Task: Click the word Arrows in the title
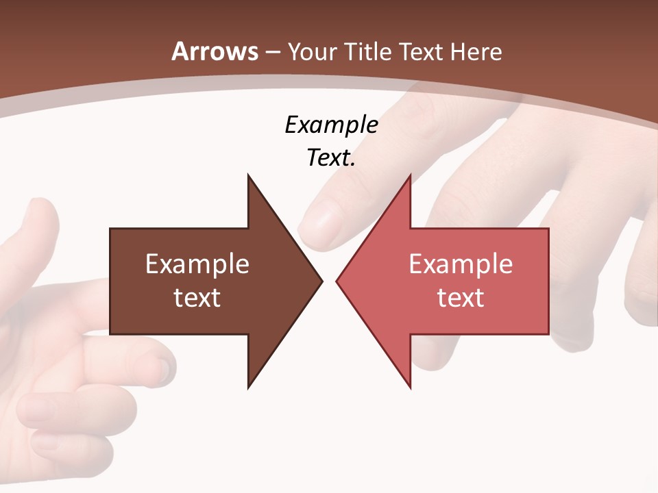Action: point(215,52)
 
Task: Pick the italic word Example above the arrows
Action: point(331,125)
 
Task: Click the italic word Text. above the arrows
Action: point(331,158)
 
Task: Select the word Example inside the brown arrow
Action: point(197,264)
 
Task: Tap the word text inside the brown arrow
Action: point(197,298)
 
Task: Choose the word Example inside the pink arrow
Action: point(461,264)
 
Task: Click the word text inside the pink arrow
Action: point(461,298)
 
